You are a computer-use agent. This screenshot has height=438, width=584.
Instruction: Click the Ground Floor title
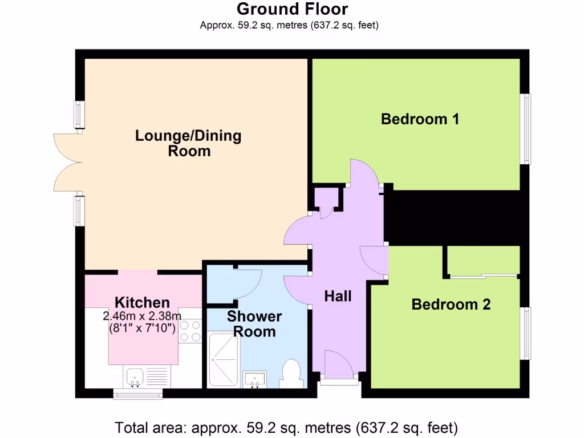(291, 9)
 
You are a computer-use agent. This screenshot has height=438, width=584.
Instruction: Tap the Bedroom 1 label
(420, 119)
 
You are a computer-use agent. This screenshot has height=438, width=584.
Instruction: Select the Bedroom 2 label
(451, 305)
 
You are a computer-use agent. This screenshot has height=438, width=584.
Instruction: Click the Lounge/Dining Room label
(189, 143)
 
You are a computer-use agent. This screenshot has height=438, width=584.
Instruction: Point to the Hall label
(338, 296)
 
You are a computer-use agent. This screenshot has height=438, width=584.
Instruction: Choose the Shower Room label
(254, 324)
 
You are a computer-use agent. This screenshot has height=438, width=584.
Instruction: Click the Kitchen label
(142, 302)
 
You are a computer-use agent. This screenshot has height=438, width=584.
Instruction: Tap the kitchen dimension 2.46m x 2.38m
(142, 316)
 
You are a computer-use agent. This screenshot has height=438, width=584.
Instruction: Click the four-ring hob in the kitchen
(190, 331)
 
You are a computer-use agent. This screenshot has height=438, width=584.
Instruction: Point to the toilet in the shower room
(291, 374)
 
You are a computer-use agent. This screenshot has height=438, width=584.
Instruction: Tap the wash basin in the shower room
(254, 378)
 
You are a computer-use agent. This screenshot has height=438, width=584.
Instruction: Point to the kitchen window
(137, 394)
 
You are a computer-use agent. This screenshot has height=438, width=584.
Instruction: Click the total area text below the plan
(286, 427)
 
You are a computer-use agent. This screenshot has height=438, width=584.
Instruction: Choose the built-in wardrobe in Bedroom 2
(483, 261)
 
